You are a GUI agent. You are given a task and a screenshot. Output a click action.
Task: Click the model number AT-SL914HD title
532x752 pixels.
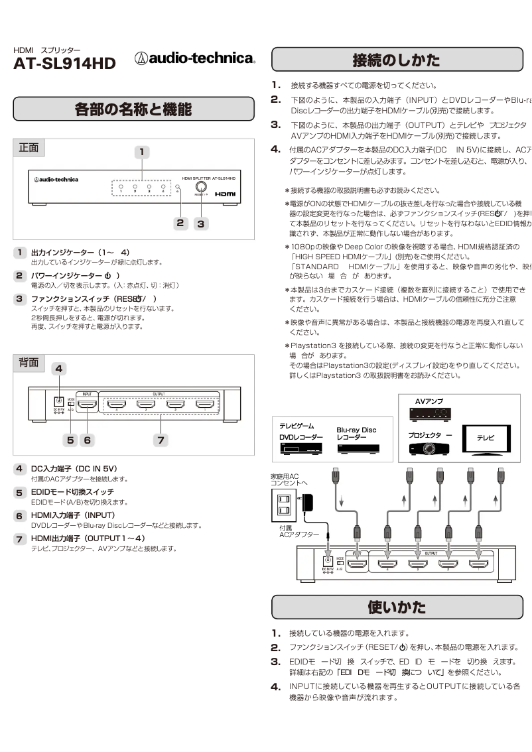pyautogui.click(x=64, y=64)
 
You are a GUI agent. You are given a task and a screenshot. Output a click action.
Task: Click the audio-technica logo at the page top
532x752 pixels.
pyautogui.click(x=195, y=58)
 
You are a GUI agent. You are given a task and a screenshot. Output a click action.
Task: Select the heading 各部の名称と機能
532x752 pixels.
pyautogui.click(x=133, y=109)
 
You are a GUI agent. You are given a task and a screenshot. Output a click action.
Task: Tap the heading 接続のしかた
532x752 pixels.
pyautogui.click(x=396, y=60)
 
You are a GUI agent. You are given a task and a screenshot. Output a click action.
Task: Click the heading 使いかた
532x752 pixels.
pyautogui.click(x=396, y=607)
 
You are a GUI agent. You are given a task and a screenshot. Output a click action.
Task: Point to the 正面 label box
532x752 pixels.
pyautogui.click(x=29, y=148)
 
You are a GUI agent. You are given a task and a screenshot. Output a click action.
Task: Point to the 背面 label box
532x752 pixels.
pyautogui.click(x=29, y=363)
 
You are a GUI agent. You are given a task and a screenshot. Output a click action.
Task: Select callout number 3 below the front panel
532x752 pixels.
pyautogui.click(x=201, y=223)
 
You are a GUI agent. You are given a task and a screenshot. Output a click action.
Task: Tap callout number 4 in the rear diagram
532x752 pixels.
pyautogui.click(x=59, y=369)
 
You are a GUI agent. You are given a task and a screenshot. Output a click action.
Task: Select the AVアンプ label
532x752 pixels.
pyautogui.click(x=429, y=401)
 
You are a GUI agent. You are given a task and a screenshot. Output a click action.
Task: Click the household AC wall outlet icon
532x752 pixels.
pyautogui.click(x=284, y=504)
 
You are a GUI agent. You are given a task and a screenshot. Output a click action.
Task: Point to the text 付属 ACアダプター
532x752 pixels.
pyautogui.click(x=294, y=531)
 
